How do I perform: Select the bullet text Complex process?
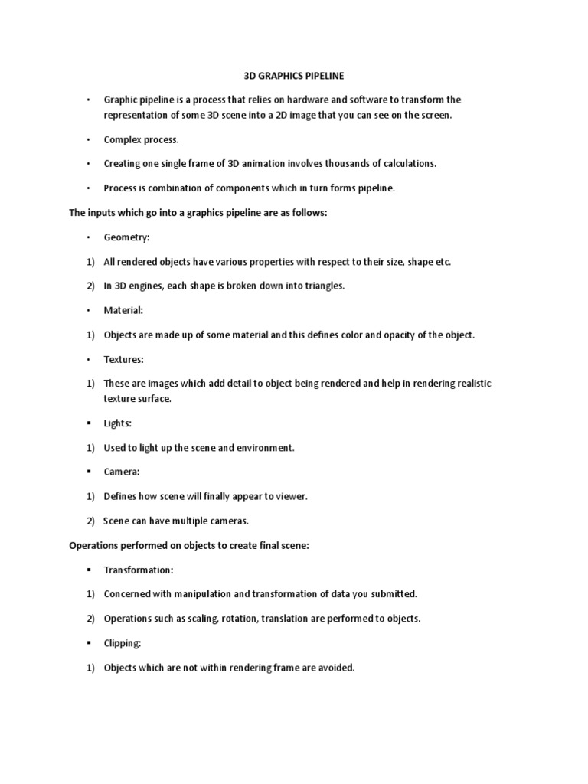click(142, 139)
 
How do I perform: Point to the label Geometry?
click(127, 237)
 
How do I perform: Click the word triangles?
click(322, 286)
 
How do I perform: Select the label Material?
click(124, 310)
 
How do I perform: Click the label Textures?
click(124, 359)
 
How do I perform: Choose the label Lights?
click(119, 423)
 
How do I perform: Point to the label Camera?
click(122, 472)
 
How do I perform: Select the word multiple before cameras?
click(185, 521)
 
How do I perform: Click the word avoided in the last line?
click(336, 668)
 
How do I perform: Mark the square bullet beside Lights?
click(89, 423)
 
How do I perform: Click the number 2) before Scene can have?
click(90, 521)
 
